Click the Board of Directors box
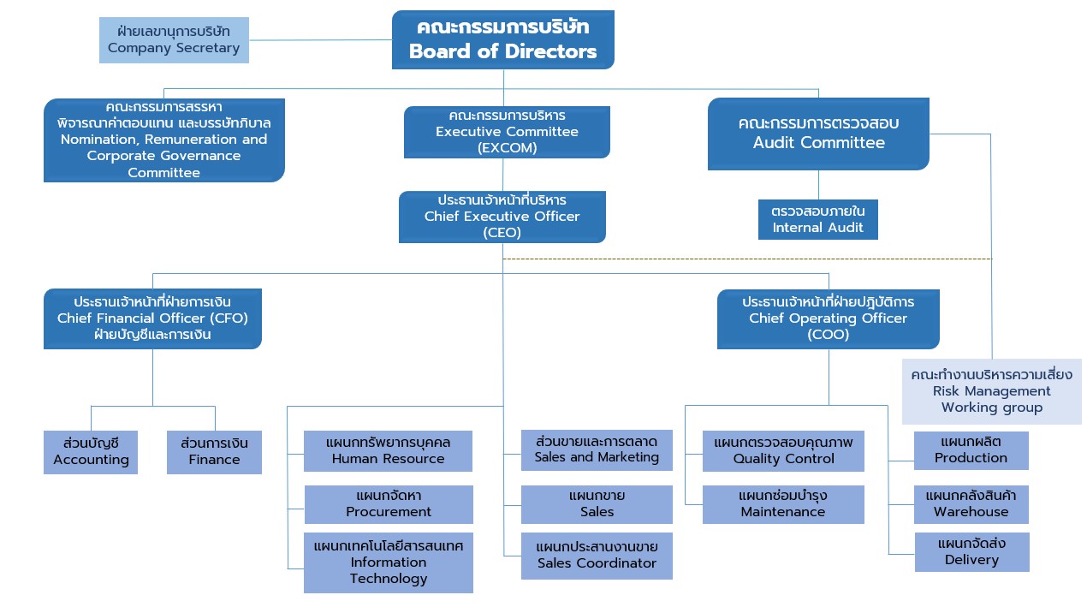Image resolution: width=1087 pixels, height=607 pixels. coord(503,39)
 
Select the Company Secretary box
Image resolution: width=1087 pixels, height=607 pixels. coord(175,40)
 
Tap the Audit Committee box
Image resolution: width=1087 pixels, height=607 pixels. coord(818,134)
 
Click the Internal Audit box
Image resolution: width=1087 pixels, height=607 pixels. coord(818,219)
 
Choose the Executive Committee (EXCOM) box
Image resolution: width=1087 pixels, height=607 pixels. coord(507,132)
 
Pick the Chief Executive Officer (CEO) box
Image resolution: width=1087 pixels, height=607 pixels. coord(502,217)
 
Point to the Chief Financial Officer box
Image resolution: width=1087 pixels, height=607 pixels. coord(153,318)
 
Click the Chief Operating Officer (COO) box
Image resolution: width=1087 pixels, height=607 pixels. coord(829,319)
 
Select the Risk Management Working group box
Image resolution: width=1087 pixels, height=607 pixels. coord(992,391)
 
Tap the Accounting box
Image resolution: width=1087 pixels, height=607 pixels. coord(91,452)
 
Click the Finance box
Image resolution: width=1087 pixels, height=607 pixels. coord(215,452)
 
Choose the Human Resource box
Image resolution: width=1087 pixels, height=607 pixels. coord(389,451)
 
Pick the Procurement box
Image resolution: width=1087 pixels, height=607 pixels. coord(389,504)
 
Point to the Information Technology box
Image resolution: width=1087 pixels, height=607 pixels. coord(389,562)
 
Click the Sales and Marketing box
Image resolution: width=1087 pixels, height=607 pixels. coord(597,450)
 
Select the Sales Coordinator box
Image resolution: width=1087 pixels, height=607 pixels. coord(597,556)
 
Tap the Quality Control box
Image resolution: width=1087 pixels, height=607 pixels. coord(783,451)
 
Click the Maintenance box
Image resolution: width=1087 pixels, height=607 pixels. coord(783,504)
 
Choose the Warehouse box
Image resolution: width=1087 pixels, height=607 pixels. coord(971,504)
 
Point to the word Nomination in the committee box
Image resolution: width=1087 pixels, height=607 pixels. coord(101,140)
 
